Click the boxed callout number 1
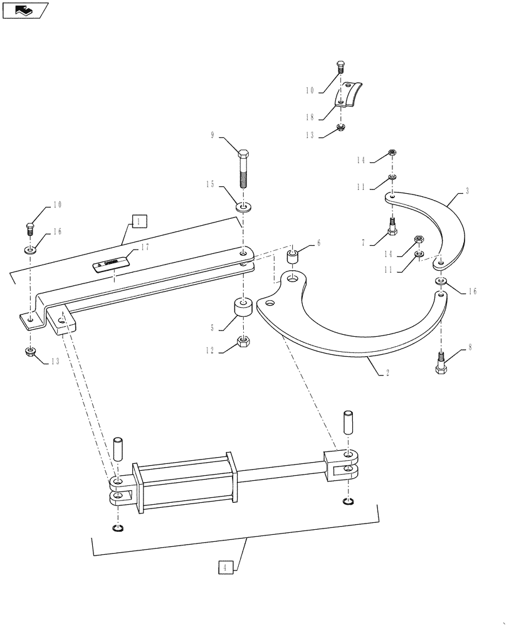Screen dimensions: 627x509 click(x=139, y=221)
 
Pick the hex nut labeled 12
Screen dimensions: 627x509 click(x=243, y=342)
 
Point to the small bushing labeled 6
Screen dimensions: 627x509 click(x=293, y=256)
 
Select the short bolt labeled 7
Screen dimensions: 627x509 click(x=391, y=226)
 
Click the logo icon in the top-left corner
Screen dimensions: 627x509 click(x=26, y=10)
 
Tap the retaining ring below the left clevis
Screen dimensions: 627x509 click(x=117, y=529)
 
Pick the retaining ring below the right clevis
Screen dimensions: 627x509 click(x=348, y=501)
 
